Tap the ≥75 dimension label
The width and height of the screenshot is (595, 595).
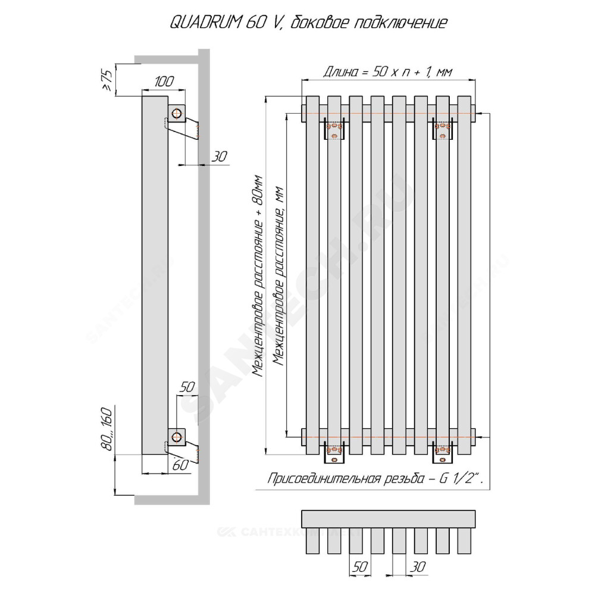click(x=107, y=80)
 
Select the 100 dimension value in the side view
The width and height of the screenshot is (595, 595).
click(x=164, y=81)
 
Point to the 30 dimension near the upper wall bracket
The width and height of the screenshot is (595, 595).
click(x=219, y=156)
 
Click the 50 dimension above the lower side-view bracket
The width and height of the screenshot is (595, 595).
click(x=187, y=387)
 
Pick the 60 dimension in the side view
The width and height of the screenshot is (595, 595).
click(x=180, y=465)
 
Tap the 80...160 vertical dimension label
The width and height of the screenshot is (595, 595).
click(x=107, y=429)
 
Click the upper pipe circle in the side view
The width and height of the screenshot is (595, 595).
click(x=177, y=114)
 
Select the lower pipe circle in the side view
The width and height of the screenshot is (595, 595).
click(x=177, y=437)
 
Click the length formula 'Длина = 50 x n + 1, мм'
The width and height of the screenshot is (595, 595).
click(x=387, y=71)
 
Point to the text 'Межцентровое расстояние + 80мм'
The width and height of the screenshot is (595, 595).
click(x=258, y=275)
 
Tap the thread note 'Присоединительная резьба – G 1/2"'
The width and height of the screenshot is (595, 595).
click(x=375, y=478)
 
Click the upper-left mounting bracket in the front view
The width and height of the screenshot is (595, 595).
click(x=334, y=129)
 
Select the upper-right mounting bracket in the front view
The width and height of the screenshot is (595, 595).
click(x=442, y=129)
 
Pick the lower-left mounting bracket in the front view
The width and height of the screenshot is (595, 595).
click(x=334, y=452)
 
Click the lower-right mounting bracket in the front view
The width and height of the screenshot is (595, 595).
click(x=442, y=452)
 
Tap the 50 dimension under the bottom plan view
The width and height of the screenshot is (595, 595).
click(x=360, y=566)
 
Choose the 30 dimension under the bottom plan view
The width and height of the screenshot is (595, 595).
click(x=418, y=566)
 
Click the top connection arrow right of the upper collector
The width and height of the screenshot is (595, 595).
click(x=483, y=114)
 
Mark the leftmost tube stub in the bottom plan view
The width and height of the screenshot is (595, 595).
click(x=313, y=540)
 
